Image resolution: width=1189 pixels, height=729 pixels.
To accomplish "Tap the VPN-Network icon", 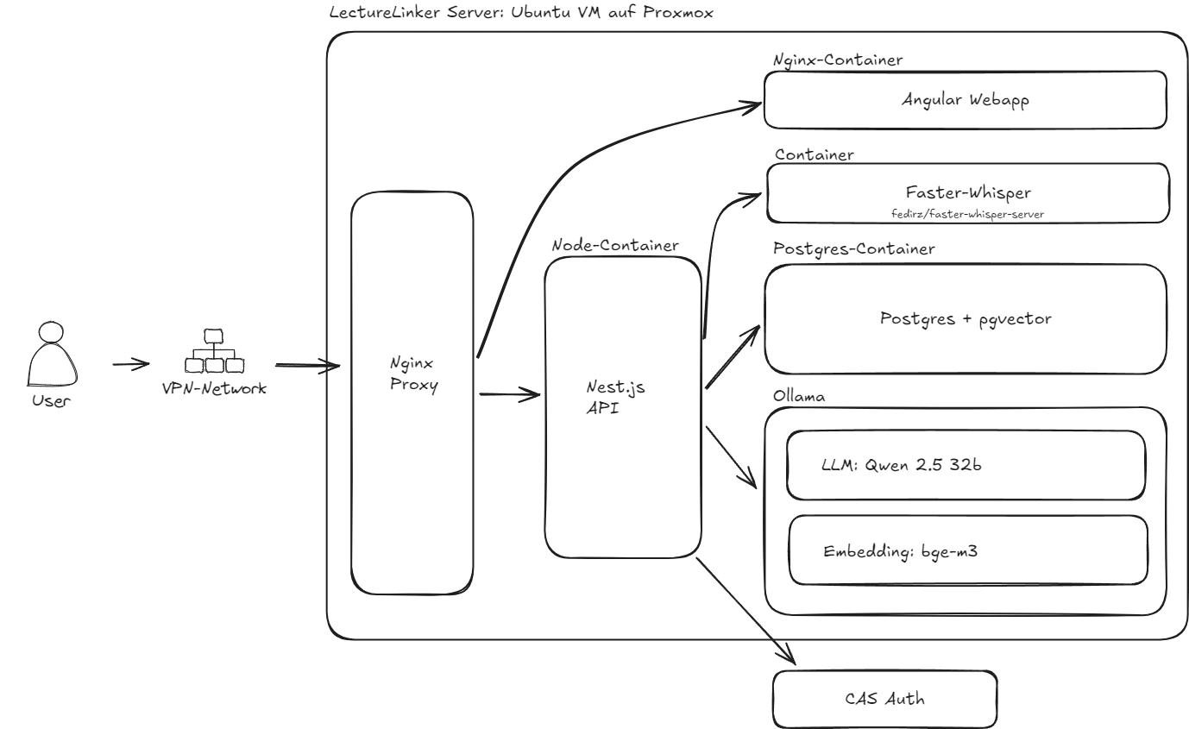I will tap(212, 350).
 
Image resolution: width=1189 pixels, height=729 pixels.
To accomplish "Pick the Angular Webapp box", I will tap(966, 99).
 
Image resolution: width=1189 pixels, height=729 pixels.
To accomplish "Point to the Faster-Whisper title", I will tap(966, 193).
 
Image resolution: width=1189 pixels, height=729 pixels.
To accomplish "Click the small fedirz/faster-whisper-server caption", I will tap(966, 212).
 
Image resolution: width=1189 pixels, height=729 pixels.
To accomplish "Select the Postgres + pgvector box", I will tap(966, 318).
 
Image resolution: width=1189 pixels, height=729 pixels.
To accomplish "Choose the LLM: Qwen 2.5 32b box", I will tap(966, 466).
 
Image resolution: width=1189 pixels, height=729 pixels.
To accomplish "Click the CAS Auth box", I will tap(884, 699).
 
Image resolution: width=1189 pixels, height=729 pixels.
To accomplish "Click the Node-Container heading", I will tap(614, 246).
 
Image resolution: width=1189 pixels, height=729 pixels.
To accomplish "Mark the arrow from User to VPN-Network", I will tap(131, 364).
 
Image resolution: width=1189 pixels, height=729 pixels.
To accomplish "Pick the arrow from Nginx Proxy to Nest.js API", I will tap(509, 395).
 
